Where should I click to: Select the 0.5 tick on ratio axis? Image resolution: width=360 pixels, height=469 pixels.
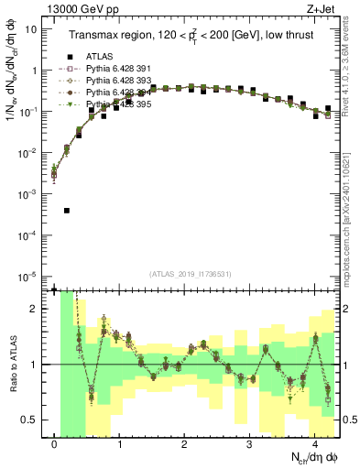click(33, 420)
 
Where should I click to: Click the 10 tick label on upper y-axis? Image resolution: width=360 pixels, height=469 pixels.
click(31, 28)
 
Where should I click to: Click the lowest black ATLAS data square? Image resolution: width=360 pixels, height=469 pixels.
click(67, 211)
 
